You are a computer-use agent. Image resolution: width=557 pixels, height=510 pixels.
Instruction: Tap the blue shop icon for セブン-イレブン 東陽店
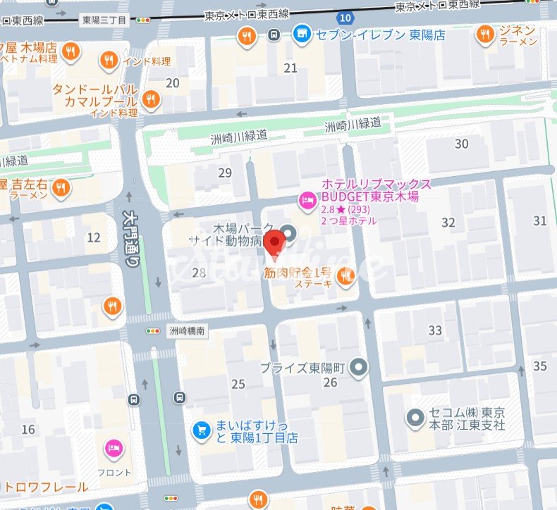(x=302, y=34)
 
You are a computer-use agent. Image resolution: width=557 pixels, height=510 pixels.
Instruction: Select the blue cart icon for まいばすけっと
(x=202, y=429)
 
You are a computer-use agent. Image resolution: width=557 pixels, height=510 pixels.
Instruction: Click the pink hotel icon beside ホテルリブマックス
(x=307, y=201)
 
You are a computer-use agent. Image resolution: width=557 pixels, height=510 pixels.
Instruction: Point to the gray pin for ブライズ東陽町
(x=360, y=367)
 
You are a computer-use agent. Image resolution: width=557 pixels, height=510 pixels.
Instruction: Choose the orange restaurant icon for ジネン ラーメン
(x=484, y=34)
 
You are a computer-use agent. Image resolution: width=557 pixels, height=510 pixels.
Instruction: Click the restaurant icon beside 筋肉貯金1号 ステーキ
(x=345, y=278)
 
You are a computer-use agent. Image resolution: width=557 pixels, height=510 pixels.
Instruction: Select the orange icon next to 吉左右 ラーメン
(x=61, y=188)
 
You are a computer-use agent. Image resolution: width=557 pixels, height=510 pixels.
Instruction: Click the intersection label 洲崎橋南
(x=187, y=330)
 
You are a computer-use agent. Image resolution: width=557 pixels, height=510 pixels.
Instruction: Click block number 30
(x=462, y=144)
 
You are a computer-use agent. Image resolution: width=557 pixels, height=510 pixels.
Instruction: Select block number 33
(x=435, y=330)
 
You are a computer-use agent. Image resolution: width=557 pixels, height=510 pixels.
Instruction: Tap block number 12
(x=93, y=238)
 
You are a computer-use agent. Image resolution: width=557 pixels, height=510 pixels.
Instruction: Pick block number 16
(x=28, y=430)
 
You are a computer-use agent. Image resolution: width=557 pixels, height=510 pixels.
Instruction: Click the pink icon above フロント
(x=113, y=448)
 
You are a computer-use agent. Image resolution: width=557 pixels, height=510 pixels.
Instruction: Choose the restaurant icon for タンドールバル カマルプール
(x=149, y=99)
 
